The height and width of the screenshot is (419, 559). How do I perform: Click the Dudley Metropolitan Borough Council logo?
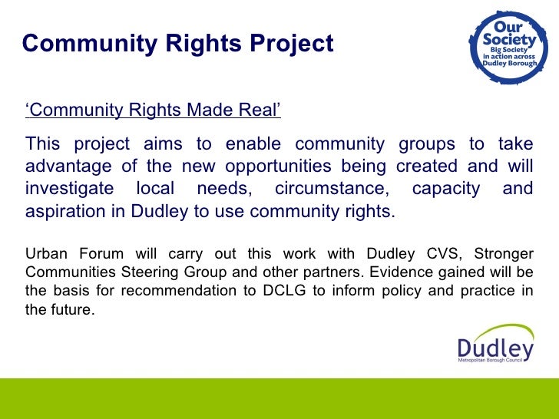pyautogui.click(x=495, y=349)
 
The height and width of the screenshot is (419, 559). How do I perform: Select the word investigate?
pyautogui.click(x=69, y=189)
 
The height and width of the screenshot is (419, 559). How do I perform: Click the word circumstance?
pyautogui.click(x=329, y=189)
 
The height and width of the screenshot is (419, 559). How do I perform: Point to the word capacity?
pyautogui.click(x=445, y=189)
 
